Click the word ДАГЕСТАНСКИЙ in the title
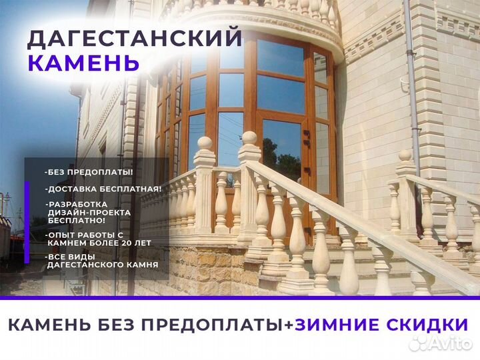point(134,39)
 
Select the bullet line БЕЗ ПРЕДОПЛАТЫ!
point(89,172)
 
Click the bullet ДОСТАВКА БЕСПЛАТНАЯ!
point(103,189)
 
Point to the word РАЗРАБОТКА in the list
point(75,203)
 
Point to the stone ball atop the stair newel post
point(249,139)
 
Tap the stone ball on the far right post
point(405,156)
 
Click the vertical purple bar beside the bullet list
point(27,220)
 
